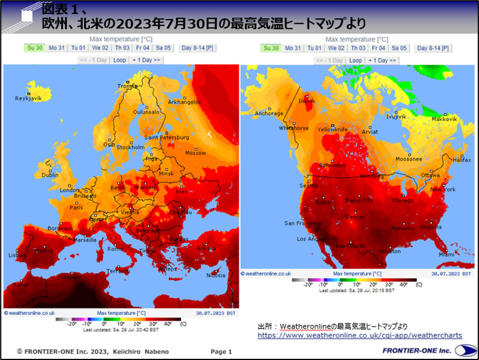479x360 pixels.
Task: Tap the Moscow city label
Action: (x=195, y=153)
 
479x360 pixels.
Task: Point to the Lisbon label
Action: (x=15, y=254)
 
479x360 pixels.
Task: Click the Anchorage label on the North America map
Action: (x=270, y=114)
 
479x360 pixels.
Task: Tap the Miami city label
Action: (x=446, y=254)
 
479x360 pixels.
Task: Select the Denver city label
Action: (x=355, y=217)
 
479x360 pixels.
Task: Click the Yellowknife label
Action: (x=332, y=130)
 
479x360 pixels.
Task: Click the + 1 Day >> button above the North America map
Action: (x=382, y=60)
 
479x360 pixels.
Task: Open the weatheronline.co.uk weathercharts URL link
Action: (x=360, y=335)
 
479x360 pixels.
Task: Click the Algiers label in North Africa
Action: (x=72, y=277)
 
